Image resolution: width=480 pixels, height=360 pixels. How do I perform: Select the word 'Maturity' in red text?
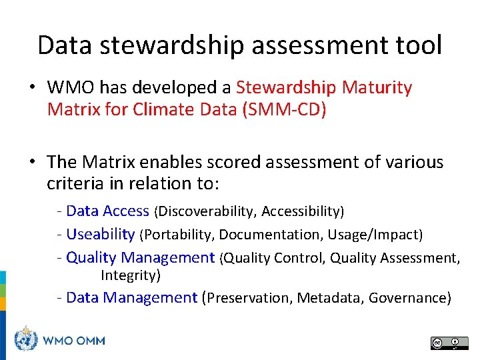[x=377, y=87]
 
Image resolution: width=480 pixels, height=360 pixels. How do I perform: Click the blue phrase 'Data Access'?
[x=108, y=211]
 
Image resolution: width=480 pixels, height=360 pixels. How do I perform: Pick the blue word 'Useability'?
[x=101, y=234]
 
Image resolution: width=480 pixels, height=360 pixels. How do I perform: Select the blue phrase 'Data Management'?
[x=132, y=297]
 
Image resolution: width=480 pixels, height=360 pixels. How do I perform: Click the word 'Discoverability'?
[x=205, y=212]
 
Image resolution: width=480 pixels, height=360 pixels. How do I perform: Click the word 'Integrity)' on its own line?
[x=131, y=275]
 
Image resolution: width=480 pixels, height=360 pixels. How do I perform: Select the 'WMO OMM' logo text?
[x=73, y=340]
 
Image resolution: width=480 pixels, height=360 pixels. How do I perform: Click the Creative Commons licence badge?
[x=449, y=343]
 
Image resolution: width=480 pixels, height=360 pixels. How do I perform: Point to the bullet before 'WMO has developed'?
[x=33, y=88]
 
